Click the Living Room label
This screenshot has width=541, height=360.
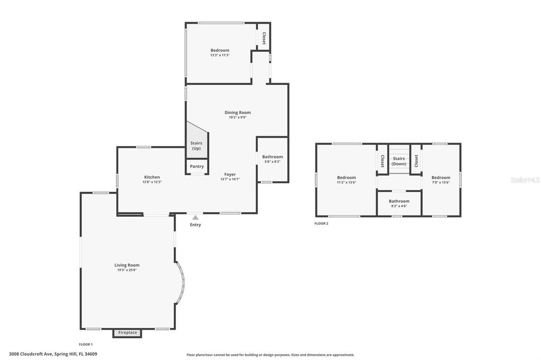point(127,265)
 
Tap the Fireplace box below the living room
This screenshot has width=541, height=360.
point(127,333)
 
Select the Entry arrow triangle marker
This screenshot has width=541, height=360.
point(195,217)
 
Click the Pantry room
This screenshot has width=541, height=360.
point(197,166)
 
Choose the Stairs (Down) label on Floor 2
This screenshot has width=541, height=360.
point(399,161)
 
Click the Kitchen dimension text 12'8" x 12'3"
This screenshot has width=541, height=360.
point(152,182)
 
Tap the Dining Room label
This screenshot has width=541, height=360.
point(237,112)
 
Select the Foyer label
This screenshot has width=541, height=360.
point(230,174)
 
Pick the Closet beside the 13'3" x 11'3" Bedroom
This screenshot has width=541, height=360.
point(264,39)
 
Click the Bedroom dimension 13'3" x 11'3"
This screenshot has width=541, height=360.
point(220,55)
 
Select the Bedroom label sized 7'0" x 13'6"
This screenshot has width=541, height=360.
point(441,178)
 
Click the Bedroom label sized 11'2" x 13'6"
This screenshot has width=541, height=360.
point(347,178)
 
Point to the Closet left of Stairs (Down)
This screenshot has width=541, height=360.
point(383,160)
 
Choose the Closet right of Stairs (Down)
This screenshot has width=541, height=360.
point(416,160)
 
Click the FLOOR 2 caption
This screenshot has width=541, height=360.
point(321,224)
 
